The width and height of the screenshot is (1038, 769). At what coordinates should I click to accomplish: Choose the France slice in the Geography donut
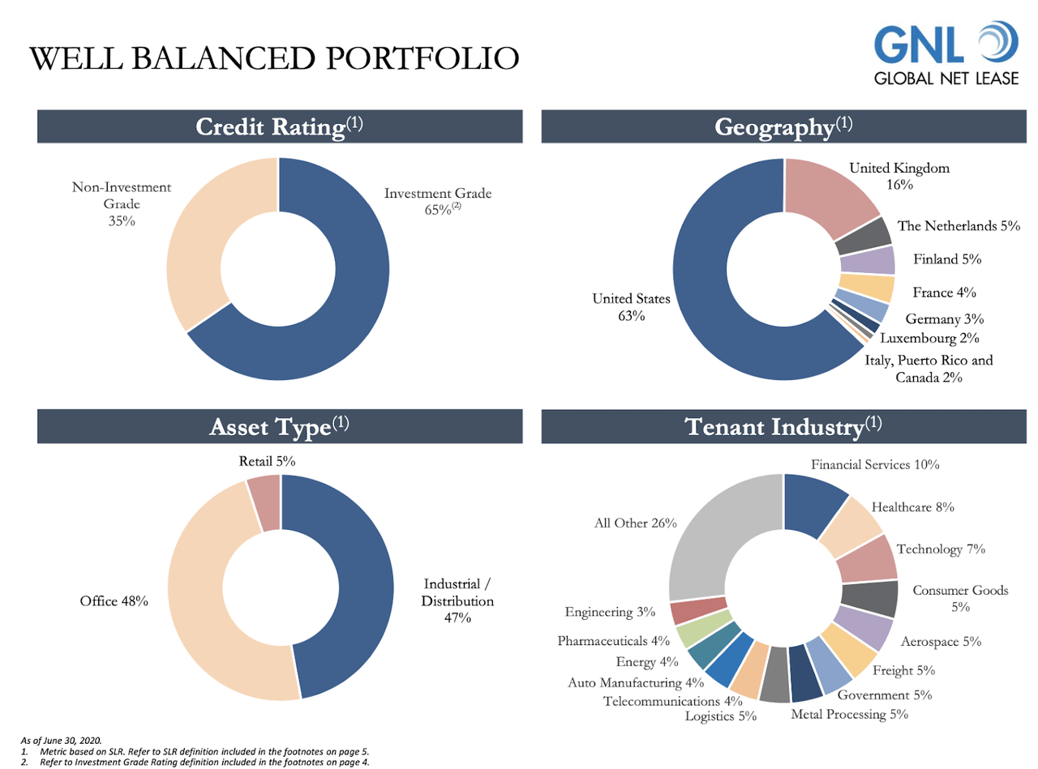click(865, 288)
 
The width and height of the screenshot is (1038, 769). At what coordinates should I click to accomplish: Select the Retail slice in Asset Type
click(264, 502)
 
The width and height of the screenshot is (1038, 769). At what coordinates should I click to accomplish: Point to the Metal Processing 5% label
click(849, 714)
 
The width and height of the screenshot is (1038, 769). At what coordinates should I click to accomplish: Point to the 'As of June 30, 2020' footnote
click(60, 740)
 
